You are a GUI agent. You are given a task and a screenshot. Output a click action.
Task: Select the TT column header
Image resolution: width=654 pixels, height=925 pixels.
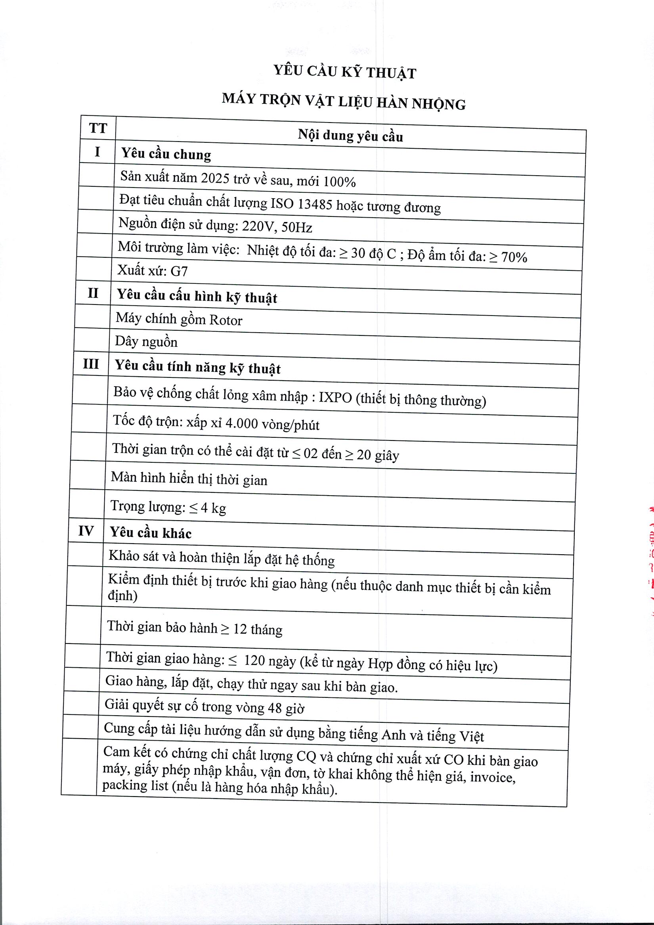(x=98, y=128)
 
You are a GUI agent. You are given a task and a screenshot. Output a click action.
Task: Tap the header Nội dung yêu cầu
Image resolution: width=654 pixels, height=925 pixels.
(x=350, y=136)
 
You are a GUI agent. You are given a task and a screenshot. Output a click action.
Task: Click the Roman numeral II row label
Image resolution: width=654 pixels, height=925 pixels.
(x=93, y=293)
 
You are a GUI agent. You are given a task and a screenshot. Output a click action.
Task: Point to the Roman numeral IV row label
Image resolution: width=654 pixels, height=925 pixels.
(x=86, y=531)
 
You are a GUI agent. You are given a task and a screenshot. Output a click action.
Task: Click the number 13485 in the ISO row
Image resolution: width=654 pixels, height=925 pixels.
(x=315, y=204)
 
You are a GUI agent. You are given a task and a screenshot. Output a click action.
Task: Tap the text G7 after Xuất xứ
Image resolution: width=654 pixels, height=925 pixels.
(x=179, y=271)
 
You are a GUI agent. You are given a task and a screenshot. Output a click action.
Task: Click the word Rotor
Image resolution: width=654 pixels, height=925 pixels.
(x=226, y=321)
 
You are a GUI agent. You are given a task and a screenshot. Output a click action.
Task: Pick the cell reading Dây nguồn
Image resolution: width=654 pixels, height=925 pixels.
(x=146, y=342)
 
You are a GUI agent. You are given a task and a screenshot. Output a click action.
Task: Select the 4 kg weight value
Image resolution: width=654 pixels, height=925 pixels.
(x=213, y=508)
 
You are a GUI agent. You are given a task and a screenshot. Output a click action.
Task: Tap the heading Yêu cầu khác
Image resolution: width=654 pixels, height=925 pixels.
(x=151, y=533)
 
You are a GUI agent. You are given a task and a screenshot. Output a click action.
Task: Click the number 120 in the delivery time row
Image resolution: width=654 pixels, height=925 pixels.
(x=254, y=660)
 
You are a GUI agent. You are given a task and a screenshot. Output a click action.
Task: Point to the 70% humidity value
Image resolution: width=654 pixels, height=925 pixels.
(x=514, y=257)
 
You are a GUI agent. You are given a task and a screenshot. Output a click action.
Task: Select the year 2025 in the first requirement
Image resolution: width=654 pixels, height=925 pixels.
(x=215, y=178)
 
